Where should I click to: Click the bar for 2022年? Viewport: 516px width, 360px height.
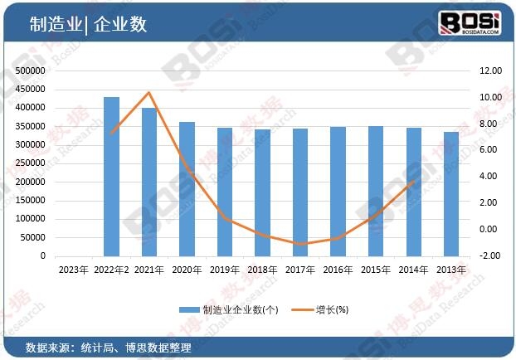coord(111,177)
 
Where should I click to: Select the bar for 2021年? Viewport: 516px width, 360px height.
coord(149,182)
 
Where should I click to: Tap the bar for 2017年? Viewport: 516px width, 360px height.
coord(300,192)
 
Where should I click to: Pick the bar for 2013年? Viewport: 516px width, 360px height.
coord(451,194)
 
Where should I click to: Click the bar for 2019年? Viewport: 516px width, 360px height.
coord(225,192)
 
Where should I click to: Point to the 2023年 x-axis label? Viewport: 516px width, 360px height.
coord(73,270)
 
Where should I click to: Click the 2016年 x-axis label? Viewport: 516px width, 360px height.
coord(338,270)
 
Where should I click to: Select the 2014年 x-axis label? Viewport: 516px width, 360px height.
coord(414,270)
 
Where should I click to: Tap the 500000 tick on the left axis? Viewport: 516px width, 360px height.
coord(30,71)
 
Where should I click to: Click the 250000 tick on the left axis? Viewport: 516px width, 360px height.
coord(30,163)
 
